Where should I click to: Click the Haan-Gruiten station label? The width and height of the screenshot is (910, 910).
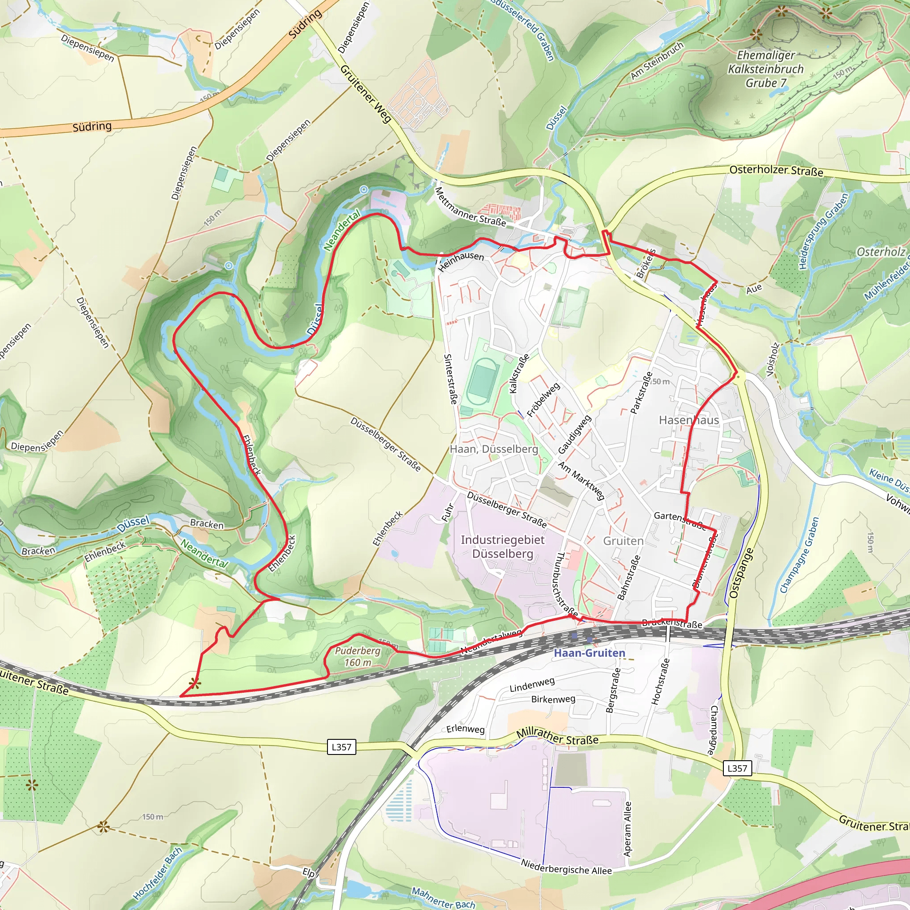(589, 653)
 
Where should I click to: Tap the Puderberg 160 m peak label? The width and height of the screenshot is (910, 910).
(358, 657)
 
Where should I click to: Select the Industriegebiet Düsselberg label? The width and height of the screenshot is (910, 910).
(503, 547)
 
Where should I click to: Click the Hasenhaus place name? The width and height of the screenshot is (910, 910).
(689, 420)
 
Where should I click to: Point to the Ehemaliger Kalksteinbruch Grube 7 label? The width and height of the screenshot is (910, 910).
(766, 69)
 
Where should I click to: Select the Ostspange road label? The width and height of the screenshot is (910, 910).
(741, 573)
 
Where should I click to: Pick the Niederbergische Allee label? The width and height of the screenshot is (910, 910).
(566, 866)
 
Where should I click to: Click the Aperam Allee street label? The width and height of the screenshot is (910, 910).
(627, 829)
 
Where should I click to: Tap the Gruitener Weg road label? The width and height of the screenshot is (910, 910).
(366, 94)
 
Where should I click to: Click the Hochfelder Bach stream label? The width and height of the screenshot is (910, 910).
(157, 874)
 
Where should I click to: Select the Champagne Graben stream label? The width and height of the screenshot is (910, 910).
(799, 555)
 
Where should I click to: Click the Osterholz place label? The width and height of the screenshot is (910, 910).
(880, 252)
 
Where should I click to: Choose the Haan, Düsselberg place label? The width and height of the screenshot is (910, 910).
(494, 449)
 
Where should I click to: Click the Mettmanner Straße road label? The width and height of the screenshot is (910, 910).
(470, 207)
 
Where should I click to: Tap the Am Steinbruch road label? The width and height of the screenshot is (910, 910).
(657, 61)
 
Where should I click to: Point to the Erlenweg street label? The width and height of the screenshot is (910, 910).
(465, 729)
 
